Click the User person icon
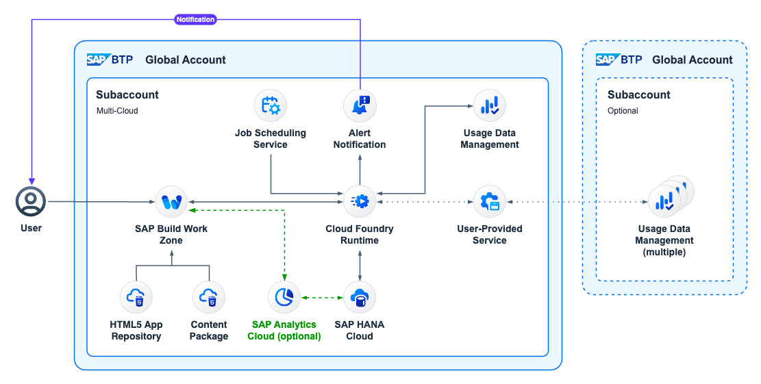pos(31,201)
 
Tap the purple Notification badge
pos(196,20)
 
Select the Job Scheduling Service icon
pos(271,105)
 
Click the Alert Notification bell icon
pos(360,105)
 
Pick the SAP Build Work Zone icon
pos(171,201)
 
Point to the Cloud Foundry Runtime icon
pos(360,201)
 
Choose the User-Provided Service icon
pos(490,201)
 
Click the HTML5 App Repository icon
pos(136,297)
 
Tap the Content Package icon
pos(209,297)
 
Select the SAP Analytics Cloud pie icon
pos(284,297)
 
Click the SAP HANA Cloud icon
pos(360,297)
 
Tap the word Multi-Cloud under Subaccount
pos(117,110)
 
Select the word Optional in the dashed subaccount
pos(623,110)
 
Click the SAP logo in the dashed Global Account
pos(606,60)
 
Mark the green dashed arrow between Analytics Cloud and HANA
pos(322,297)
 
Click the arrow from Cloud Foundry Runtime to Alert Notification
pos(360,168)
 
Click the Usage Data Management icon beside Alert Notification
pos(490,105)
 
